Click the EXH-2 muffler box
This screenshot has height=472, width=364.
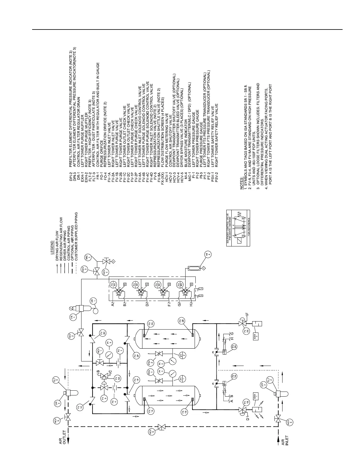[x=255, y=337]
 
